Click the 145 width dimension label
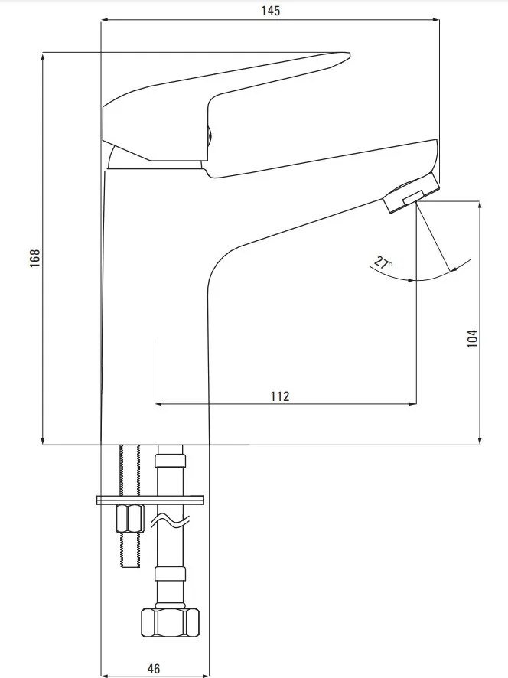(x=271, y=11)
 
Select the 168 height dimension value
(x=34, y=258)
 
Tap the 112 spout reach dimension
(x=280, y=396)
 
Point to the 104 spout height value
(x=472, y=338)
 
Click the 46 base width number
(x=154, y=669)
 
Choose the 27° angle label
(x=383, y=263)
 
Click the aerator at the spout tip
(x=411, y=194)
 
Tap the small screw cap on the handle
(x=209, y=135)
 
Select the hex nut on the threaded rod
(x=130, y=518)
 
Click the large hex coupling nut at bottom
(x=171, y=622)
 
